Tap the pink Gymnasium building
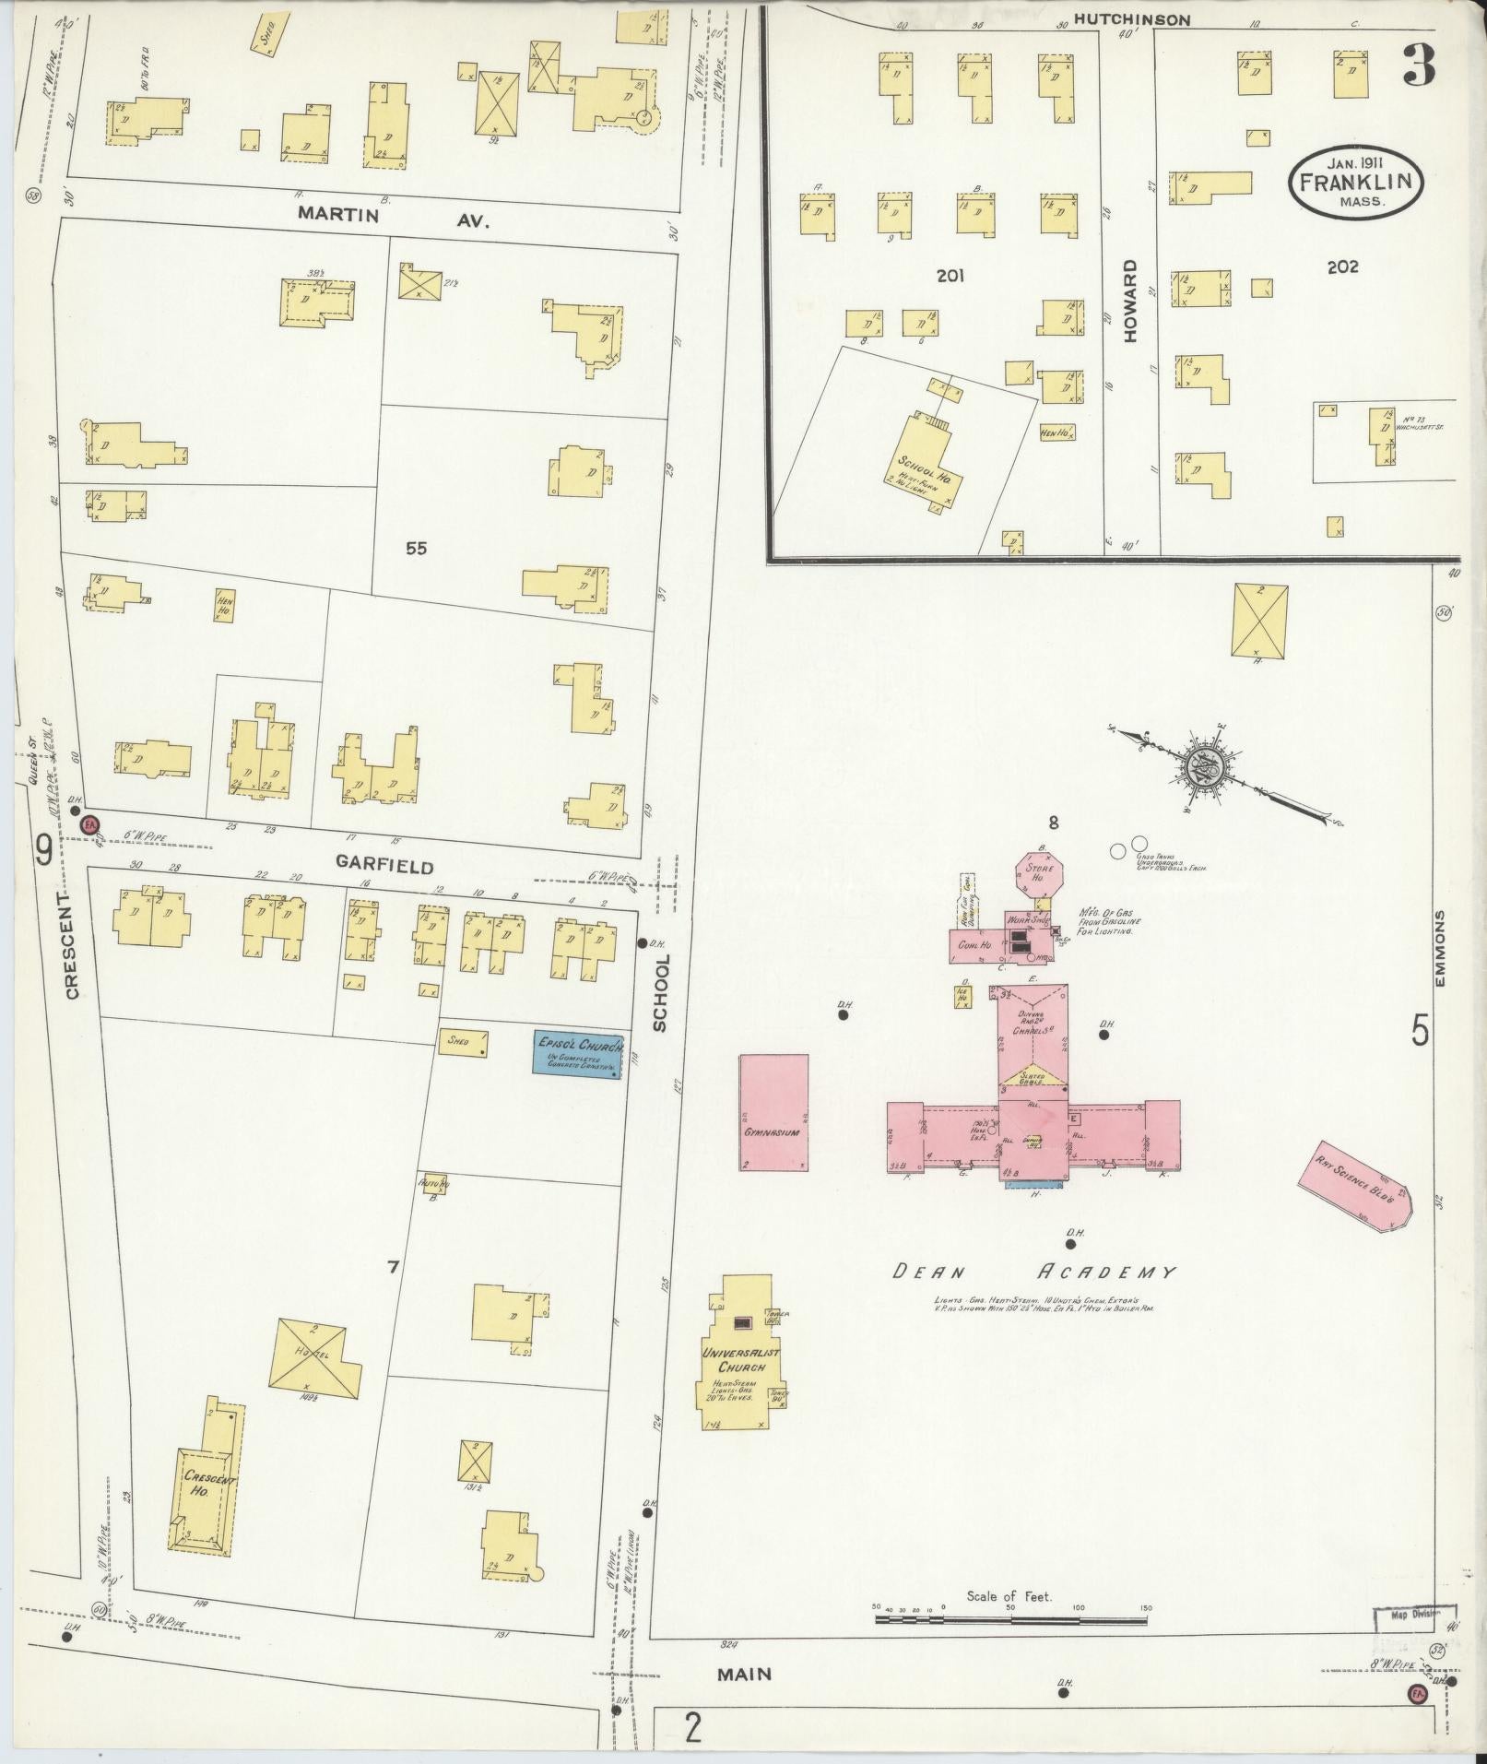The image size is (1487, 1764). (773, 1113)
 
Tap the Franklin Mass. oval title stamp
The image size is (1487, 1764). (1355, 183)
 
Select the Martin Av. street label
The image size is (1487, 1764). (393, 218)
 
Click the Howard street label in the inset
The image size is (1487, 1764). (1130, 301)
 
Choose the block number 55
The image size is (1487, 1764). (417, 548)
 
